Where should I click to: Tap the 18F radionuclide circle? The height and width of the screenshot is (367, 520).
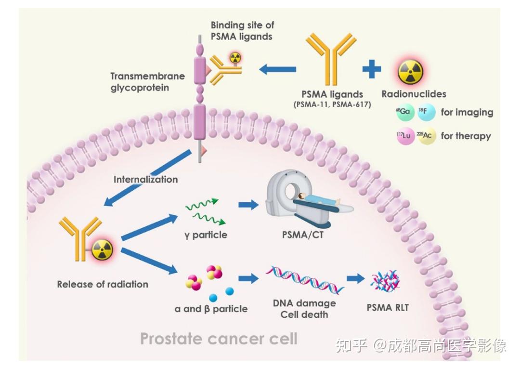pyautogui.click(x=427, y=113)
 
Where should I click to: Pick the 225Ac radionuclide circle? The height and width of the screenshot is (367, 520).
pyautogui.click(x=426, y=136)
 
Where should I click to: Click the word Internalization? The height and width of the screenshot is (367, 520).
pyautogui.click(x=145, y=180)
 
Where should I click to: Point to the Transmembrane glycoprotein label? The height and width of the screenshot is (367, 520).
pyautogui.click(x=147, y=82)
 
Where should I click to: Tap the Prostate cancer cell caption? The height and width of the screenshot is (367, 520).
pyautogui.click(x=219, y=339)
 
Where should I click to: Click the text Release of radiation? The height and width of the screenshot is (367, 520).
pyautogui.click(x=103, y=284)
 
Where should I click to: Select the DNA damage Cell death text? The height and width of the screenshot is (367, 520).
pyautogui.click(x=304, y=309)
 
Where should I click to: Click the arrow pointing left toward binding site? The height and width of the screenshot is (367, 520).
pyautogui.click(x=277, y=69)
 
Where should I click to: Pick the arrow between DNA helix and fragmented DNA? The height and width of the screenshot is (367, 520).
pyautogui.click(x=355, y=278)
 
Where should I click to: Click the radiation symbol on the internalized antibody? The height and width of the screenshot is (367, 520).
pyautogui.click(x=102, y=249)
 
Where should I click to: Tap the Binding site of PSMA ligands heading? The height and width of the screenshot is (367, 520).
pyautogui.click(x=242, y=30)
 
